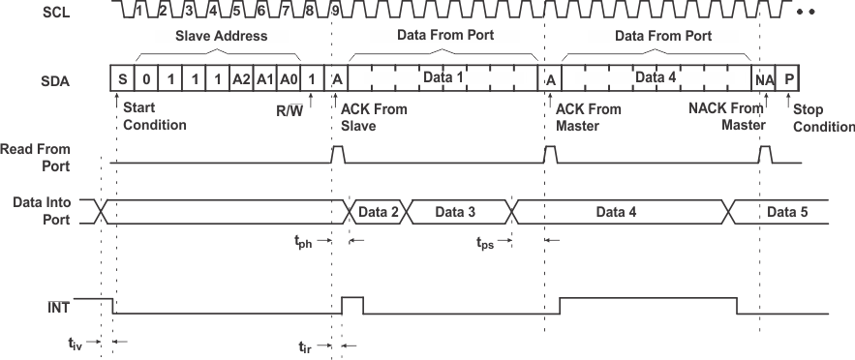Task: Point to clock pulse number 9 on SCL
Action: (334, 12)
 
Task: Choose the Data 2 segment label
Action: (379, 211)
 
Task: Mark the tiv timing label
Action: (76, 344)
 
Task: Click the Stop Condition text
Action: (823, 118)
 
